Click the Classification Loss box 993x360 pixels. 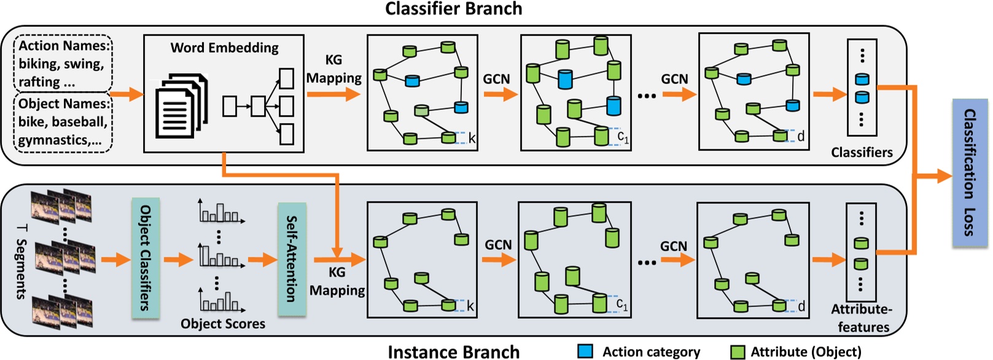pyautogui.click(x=970, y=173)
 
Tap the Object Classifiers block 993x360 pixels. pyautogui.click(x=146, y=257)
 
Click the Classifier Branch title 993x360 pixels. pyautogui.click(x=453, y=9)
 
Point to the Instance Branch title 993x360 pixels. pyautogui.click(x=453, y=351)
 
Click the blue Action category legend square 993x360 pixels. pyautogui.click(x=585, y=351)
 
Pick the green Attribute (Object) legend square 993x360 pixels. pyautogui.click(x=737, y=351)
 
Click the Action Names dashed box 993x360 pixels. pyautogui.click(x=64, y=63)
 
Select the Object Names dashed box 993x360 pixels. pyautogui.click(x=64, y=122)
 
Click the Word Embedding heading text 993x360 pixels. pyautogui.click(x=224, y=48)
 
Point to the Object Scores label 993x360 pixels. pyautogui.click(x=223, y=324)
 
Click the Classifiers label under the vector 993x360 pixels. pyautogui.click(x=862, y=152)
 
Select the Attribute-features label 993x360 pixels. pyautogui.click(x=863, y=318)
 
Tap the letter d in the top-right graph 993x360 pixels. pyautogui.click(x=801, y=136)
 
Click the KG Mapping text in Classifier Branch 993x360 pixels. pyautogui.click(x=333, y=69)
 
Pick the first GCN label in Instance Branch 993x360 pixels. pyautogui.click(x=498, y=245)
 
